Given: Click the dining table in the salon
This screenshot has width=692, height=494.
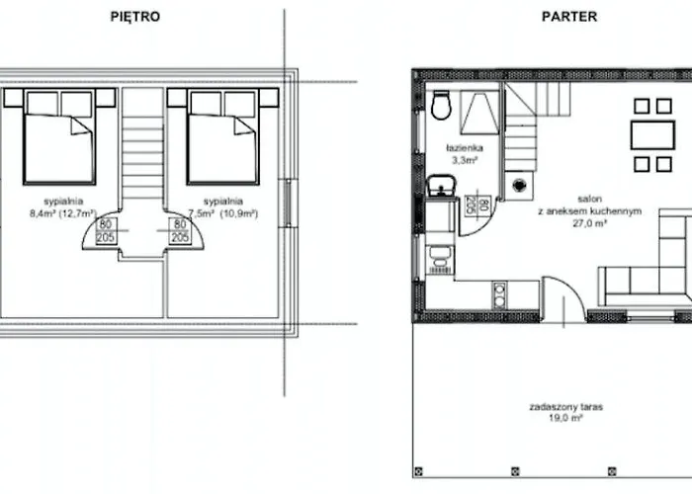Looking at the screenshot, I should tap(651, 134).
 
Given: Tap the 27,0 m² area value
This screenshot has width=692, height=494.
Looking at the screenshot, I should tap(586, 223).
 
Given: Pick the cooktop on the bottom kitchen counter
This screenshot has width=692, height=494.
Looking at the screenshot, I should tap(499, 293).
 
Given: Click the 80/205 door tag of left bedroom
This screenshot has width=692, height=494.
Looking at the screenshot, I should tap(104, 231).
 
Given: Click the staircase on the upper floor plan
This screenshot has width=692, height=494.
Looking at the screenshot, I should tap(142, 148).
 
